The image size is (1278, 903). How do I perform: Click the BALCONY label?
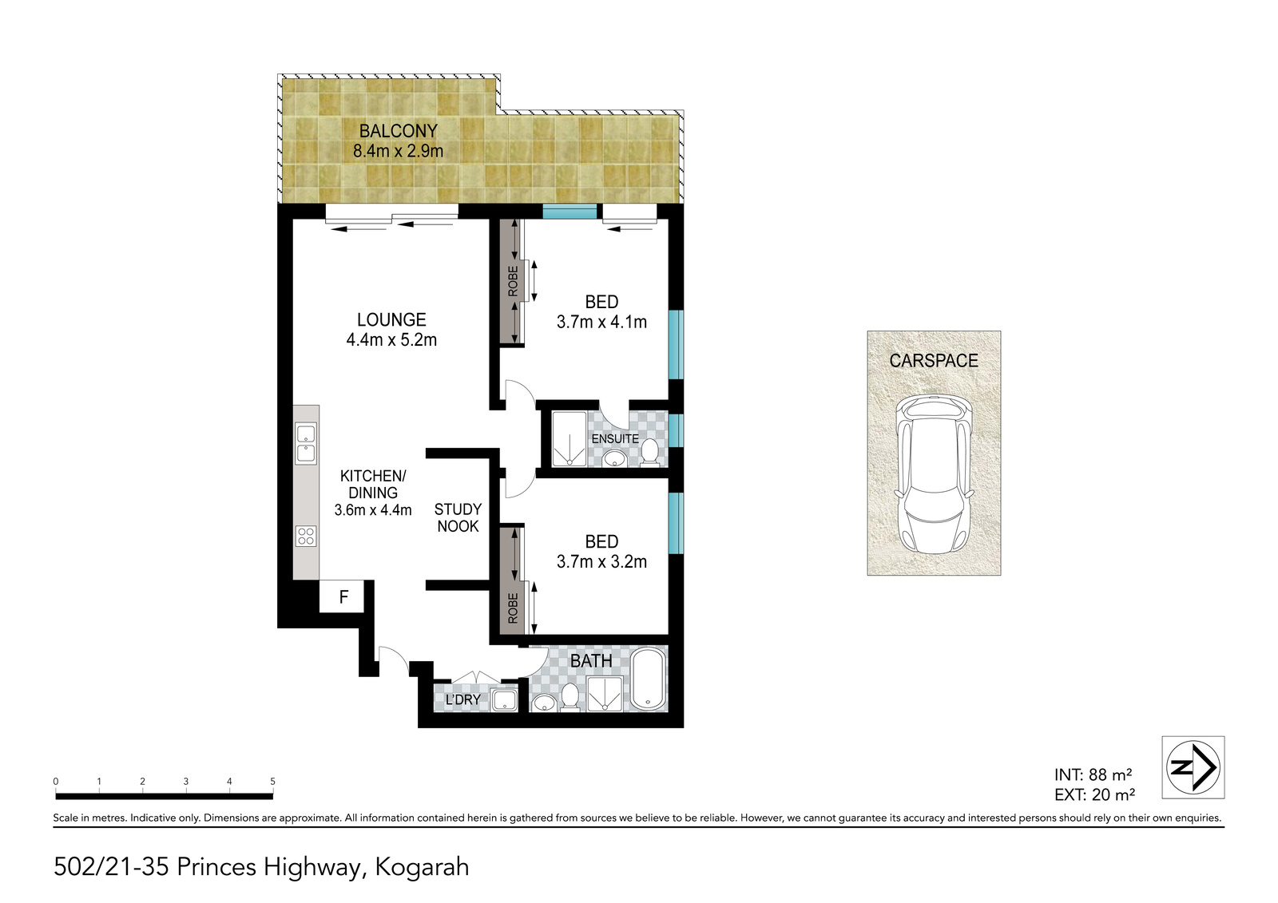[x=399, y=131]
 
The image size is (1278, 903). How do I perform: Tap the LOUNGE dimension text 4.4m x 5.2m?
[x=391, y=340]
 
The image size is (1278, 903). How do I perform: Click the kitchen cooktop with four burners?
[x=307, y=537]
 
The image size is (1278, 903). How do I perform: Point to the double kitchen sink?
[x=307, y=444]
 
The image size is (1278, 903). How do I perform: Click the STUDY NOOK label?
[x=458, y=517]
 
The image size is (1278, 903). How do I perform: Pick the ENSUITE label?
[x=615, y=438]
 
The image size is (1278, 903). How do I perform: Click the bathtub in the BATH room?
[x=648, y=679]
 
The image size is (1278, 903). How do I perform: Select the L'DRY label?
[x=462, y=699]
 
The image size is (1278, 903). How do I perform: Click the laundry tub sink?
[x=504, y=700]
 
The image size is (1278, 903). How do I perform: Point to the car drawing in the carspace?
[x=934, y=474]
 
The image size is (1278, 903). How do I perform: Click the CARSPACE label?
[x=934, y=361]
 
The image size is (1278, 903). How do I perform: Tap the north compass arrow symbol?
[x=1193, y=767]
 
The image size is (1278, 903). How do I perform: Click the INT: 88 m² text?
[x=1093, y=774]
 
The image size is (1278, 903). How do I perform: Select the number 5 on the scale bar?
[x=272, y=782]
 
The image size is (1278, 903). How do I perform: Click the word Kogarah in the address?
[x=422, y=867]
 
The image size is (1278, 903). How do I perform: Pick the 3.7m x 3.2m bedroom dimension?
[x=601, y=562]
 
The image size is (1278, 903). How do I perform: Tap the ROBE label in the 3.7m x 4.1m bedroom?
[x=513, y=281]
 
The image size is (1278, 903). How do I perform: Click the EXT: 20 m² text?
[x=1094, y=794]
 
